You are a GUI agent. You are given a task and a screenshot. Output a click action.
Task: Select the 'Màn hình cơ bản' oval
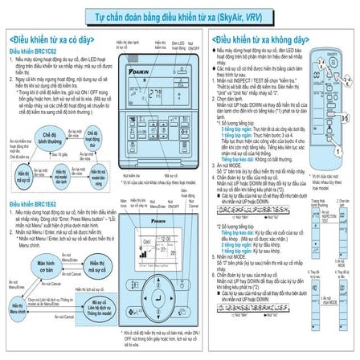pos(50,263)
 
